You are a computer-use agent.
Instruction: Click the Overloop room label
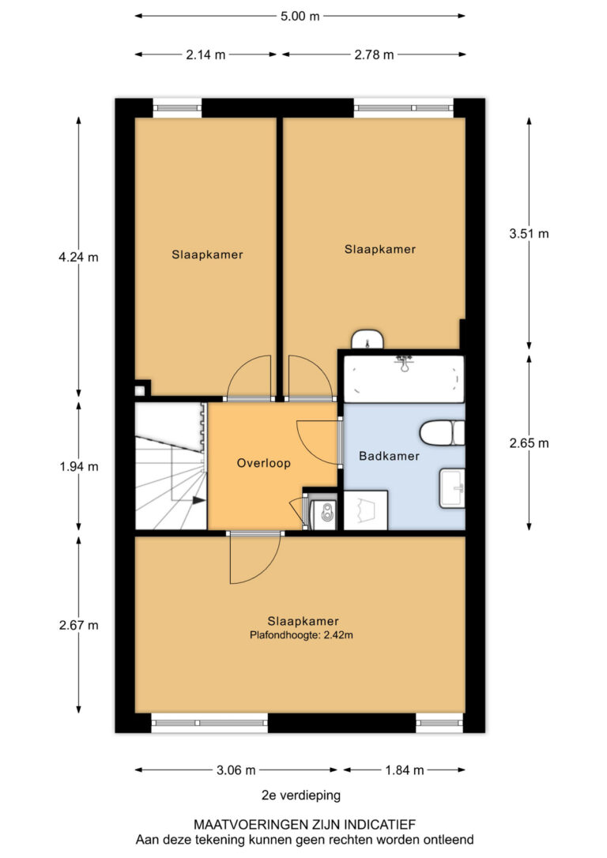263,463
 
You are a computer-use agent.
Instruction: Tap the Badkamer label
389,456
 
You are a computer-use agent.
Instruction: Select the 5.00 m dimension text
300,16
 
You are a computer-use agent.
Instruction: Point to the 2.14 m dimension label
205,55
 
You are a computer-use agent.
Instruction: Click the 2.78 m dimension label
374,55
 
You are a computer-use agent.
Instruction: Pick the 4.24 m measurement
78,257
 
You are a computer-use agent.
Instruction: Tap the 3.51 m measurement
529,234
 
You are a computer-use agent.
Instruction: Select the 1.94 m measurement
79,466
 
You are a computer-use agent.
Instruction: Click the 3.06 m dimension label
236,770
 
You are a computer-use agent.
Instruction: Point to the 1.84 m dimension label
405,770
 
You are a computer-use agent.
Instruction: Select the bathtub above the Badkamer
403,379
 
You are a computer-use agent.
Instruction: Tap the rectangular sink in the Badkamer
452,488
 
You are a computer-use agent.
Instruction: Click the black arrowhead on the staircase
198,500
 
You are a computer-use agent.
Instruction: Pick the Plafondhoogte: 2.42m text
302,635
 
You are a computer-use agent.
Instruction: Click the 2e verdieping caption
301,795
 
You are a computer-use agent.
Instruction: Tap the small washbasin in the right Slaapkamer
368,339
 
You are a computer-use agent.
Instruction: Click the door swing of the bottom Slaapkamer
254,558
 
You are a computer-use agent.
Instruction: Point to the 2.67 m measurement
79,625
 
